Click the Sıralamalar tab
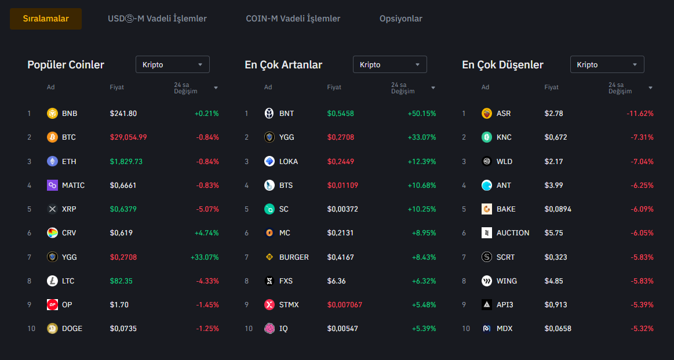click(46, 19)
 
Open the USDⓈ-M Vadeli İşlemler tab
click(157, 19)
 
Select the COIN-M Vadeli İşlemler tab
click(293, 19)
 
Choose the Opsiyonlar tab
click(400, 19)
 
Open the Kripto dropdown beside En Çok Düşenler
click(607, 64)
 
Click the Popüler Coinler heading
click(65, 64)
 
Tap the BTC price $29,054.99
click(128, 137)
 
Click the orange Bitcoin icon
click(53, 137)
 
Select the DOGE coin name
click(72, 329)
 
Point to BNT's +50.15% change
click(421, 114)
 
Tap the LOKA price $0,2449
click(340, 161)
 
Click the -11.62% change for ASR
click(640, 114)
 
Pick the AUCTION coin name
click(513, 233)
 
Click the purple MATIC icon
click(53, 186)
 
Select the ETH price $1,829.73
click(126, 161)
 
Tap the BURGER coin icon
click(269, 257)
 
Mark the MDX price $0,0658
click(558, 329)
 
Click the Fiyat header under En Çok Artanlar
click(334, 88)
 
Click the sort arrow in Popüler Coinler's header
click(216, 88)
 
